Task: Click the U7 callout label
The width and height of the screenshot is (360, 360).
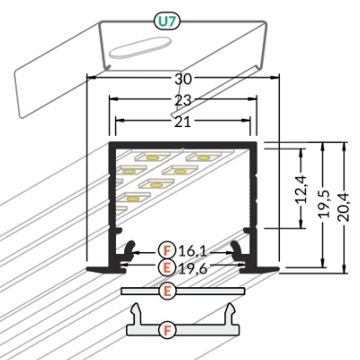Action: click(x=166, y=21)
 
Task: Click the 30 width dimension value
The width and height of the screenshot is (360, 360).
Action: click(x=183, y=79)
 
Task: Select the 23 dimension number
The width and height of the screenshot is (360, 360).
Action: click(x=183, y=100)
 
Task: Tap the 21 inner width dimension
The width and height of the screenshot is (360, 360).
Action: click(x=183, y=122)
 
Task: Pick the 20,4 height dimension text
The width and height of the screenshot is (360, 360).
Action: click(x=344, y=207)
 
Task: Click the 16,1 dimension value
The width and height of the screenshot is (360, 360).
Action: click(x=193, y=251)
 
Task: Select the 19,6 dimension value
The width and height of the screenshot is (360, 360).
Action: click(x=193, y=268)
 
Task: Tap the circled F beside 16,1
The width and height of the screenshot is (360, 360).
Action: click(x=167, y=251)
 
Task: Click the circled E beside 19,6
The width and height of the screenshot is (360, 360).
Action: click(x=167, y=267)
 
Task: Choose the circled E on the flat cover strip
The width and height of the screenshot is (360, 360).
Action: click(x=167, y=291)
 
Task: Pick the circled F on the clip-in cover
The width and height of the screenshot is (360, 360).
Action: click(x=167, y=330)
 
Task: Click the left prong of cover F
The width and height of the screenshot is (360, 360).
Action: click(x=137, y=313)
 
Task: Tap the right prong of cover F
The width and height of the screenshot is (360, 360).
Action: click(x=230, y=313)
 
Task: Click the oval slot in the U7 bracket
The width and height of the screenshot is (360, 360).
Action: click(x=140, y=47)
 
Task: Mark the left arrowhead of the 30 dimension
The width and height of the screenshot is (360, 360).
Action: click(x=91, y=77)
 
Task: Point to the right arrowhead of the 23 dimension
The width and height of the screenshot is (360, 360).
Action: click(x=252, y=98)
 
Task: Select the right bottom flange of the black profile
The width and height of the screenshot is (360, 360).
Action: click(x=260, y=269)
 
